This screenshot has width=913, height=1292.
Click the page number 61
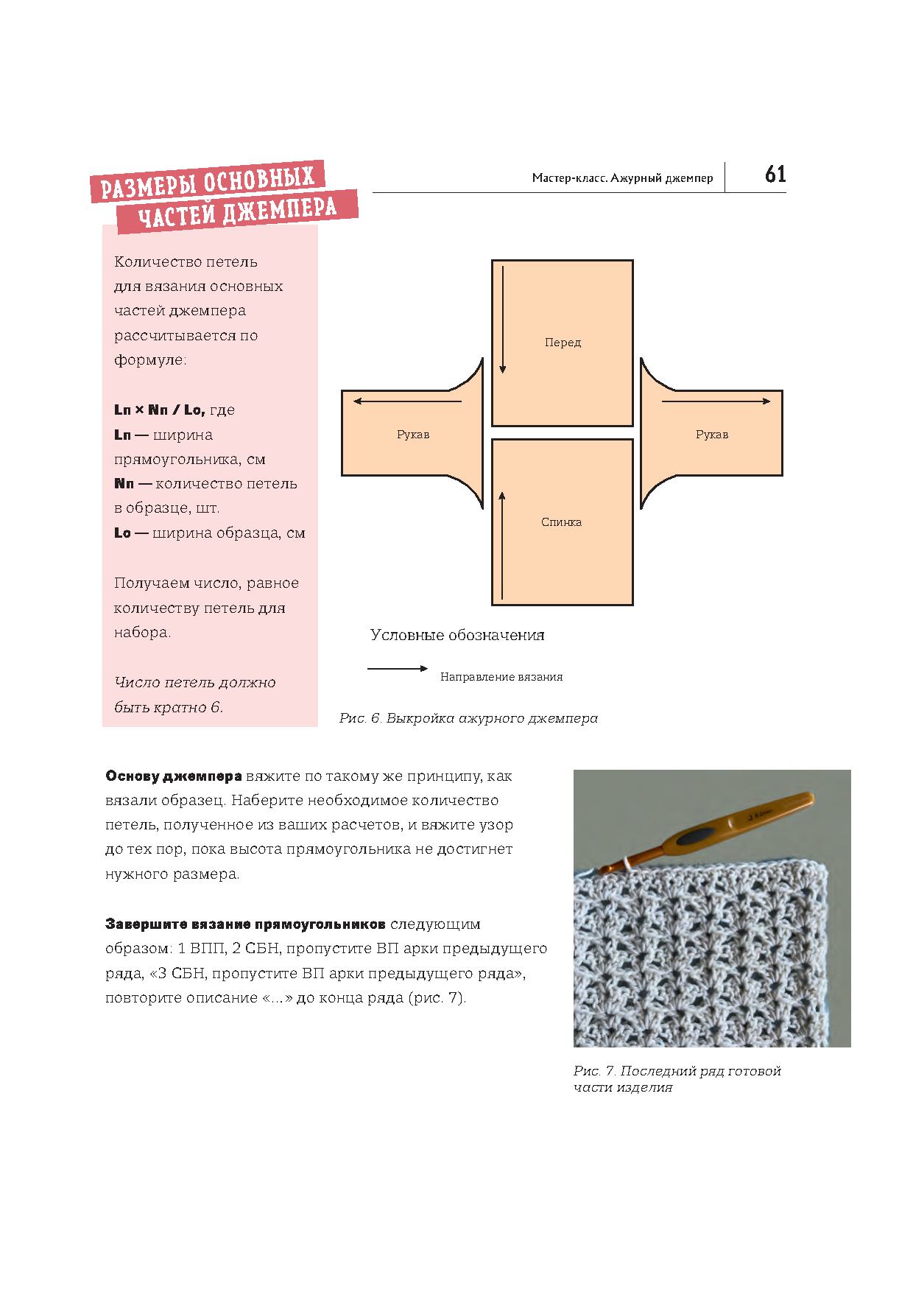tap(775, 175)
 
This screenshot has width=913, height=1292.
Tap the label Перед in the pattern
tap(563, 343)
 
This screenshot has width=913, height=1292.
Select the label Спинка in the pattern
tap(561, 522)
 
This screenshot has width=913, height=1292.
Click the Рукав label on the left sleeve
tap(413, 435)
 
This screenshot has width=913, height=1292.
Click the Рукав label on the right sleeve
tap(711, 435)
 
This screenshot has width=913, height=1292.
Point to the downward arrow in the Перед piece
tap(503, 320)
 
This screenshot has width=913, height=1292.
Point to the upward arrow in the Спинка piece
tap(502, 545)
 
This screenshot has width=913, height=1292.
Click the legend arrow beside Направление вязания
tap(398, 669)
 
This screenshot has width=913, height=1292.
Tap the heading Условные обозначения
tap(457, 635)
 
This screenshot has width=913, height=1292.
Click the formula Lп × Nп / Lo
tap(159, 410)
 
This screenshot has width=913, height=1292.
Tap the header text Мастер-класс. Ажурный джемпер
tap(622, 178)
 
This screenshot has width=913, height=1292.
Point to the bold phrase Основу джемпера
tap(174, 776)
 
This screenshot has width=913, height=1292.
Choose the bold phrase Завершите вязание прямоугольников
tap(245, 924)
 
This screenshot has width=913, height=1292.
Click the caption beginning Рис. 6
tap(468, 718)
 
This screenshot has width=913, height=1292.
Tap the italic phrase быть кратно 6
tap(169, 708)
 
